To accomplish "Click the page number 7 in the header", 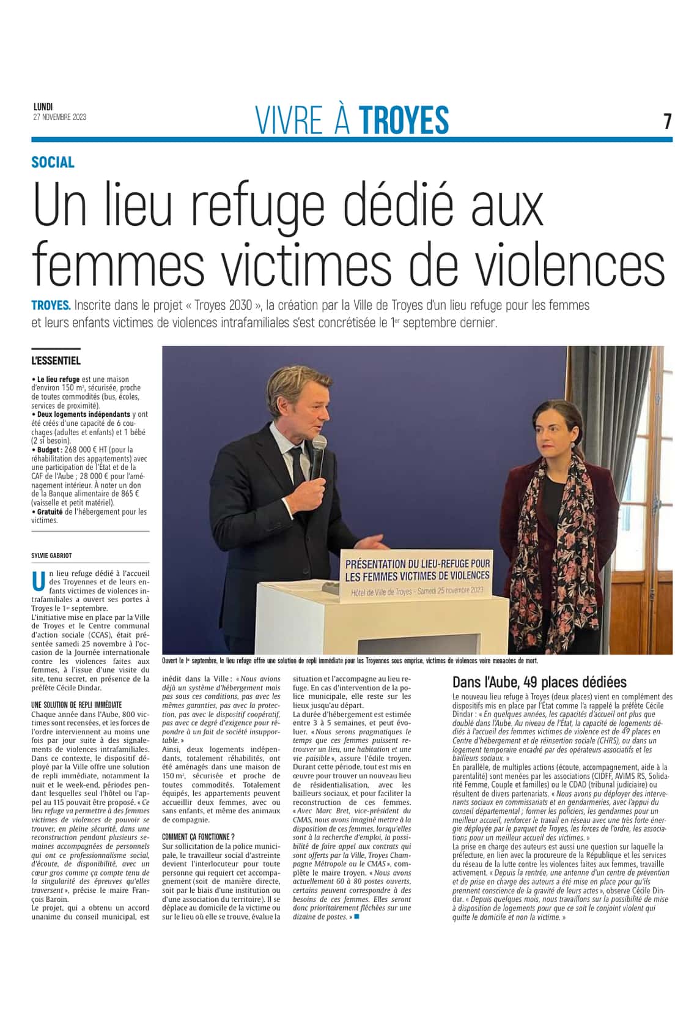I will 668,121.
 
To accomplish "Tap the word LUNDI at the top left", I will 43,107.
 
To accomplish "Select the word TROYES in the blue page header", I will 404,120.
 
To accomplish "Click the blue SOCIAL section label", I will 53,162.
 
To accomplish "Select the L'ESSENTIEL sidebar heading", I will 56,361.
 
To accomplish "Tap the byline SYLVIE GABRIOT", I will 51,556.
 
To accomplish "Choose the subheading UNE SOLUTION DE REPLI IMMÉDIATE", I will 76,705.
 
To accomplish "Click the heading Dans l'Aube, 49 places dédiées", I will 539,682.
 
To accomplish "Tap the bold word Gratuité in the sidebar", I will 50,512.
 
